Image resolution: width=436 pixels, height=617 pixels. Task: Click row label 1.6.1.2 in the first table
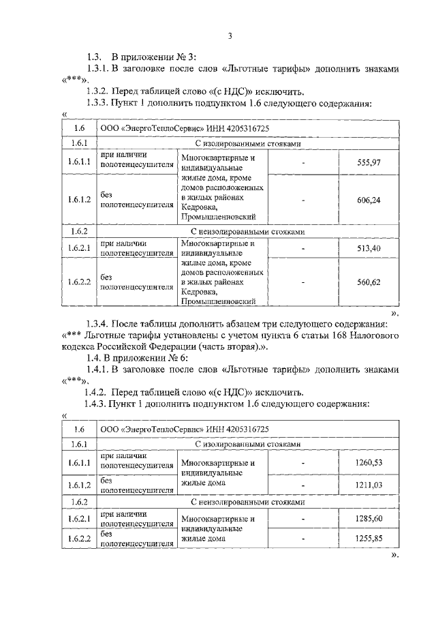coord(79,200)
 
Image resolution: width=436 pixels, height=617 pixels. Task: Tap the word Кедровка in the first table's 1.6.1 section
coord(199,207)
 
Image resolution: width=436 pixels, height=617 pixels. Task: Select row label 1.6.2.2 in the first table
coord(79,282)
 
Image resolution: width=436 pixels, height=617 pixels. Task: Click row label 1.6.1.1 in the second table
coord(79,463)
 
